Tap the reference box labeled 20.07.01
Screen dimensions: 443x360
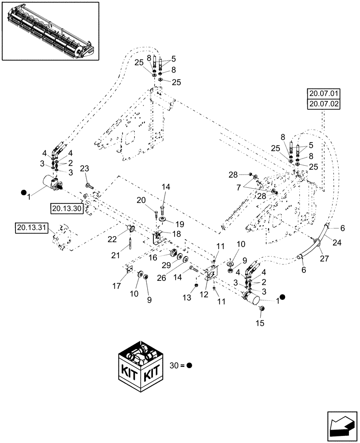click(x=322, y=94)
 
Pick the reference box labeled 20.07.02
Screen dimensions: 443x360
click(x=322, y=105)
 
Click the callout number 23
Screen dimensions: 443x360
click(x=85, y=168)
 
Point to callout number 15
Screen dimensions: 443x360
click(x=259, y=323)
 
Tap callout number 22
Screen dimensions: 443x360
click(x=112, y=239)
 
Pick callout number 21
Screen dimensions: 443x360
click(x=116, y=255)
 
